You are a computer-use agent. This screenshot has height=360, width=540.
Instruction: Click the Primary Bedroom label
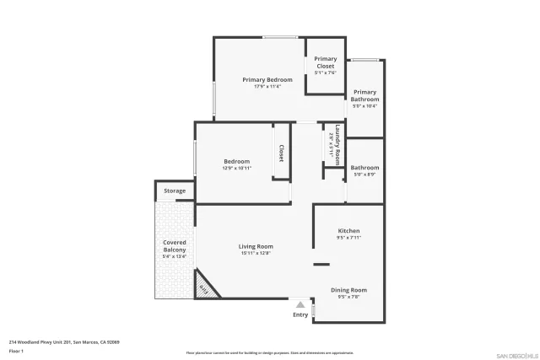[262, 79]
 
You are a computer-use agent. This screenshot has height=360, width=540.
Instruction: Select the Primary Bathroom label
[364, 95]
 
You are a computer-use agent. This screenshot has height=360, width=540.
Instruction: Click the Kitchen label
[348, 230]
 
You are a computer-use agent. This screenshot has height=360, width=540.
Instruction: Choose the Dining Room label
[348, 289]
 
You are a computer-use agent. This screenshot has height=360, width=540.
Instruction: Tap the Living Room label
[256, 246]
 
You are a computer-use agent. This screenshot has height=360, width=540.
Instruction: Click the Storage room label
[175, 191]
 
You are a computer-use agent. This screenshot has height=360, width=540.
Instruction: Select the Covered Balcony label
[174, 246]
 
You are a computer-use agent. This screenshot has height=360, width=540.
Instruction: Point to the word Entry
[300, 314]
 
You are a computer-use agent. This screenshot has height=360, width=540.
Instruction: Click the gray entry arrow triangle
[300, 304]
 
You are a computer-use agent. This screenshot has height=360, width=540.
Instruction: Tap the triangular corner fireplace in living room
[205, 287]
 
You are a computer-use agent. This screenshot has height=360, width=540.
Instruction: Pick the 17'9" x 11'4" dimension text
[262, 86]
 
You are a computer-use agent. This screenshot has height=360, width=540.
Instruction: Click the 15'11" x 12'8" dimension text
[256, 253]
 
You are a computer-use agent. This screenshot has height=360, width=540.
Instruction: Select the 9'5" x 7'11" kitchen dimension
[348, 238]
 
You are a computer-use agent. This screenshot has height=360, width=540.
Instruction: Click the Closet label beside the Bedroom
[281, 153]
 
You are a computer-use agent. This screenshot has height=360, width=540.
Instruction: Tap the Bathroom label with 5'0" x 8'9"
[364, 167]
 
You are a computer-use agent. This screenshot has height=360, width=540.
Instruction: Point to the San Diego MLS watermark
[516, 354]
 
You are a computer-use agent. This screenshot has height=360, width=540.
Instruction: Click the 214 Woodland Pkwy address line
[64, 341]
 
